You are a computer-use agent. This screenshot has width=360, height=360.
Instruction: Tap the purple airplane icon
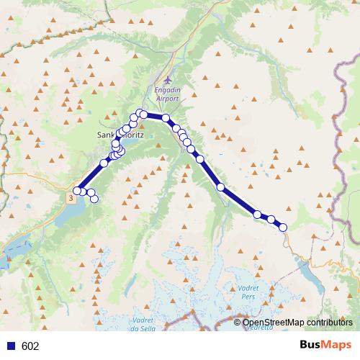[x=168, y=79]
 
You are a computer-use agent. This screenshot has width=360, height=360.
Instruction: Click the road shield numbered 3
[x=70, y=196]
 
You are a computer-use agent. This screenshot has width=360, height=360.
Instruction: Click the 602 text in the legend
[x=30, y=346]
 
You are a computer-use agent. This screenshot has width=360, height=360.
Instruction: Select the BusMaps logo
[x=325, y=346]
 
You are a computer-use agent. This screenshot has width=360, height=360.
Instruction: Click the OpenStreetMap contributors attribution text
[x=297, y=322]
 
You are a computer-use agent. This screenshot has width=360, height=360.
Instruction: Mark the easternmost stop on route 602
[x=283, y=227]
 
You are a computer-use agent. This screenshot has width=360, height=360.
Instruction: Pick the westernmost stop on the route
[x=77, y=191]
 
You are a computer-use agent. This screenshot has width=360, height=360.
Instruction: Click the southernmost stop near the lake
[x=94, y=199]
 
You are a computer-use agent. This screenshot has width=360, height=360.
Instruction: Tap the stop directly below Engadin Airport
[x=166, y=117]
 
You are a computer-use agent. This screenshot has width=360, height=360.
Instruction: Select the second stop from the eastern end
[x=272, y=220]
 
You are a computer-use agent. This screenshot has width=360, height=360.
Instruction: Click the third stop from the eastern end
[x=257, y=214]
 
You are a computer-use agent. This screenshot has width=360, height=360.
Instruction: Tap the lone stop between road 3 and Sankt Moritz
[x=104, y=163]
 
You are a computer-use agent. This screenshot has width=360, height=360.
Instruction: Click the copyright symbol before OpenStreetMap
[x=238, y=322]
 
